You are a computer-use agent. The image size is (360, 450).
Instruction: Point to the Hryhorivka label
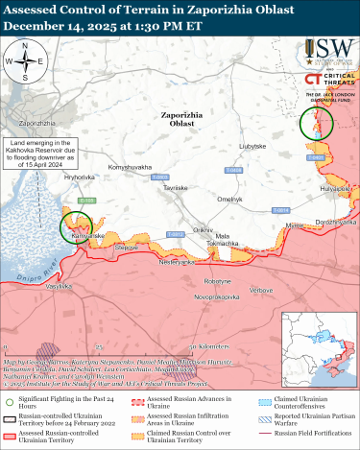(80, 178)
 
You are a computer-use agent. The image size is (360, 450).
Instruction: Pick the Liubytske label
(252, 145)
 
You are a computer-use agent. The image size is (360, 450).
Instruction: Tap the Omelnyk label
(230, 199)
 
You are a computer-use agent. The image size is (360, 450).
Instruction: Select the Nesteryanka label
(177, 262)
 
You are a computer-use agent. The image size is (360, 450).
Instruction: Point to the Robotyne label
(217, 281)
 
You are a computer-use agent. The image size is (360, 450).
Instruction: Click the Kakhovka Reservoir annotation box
(41, 155)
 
